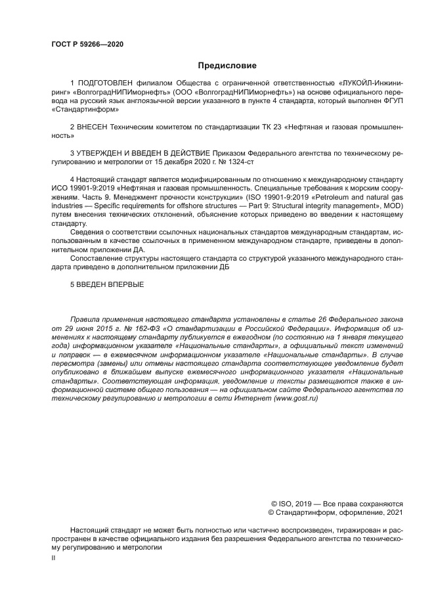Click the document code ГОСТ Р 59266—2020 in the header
87,44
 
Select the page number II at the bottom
54,558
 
